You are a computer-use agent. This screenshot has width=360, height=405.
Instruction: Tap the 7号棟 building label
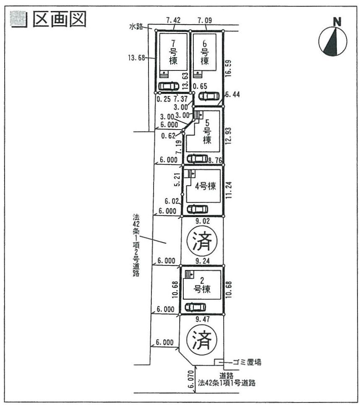(172, 52)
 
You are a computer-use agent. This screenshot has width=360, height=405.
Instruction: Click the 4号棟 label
(205, 186)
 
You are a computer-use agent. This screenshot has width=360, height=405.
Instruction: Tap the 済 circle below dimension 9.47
(200, 341)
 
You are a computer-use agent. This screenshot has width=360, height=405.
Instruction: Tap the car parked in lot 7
(169, 86)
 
